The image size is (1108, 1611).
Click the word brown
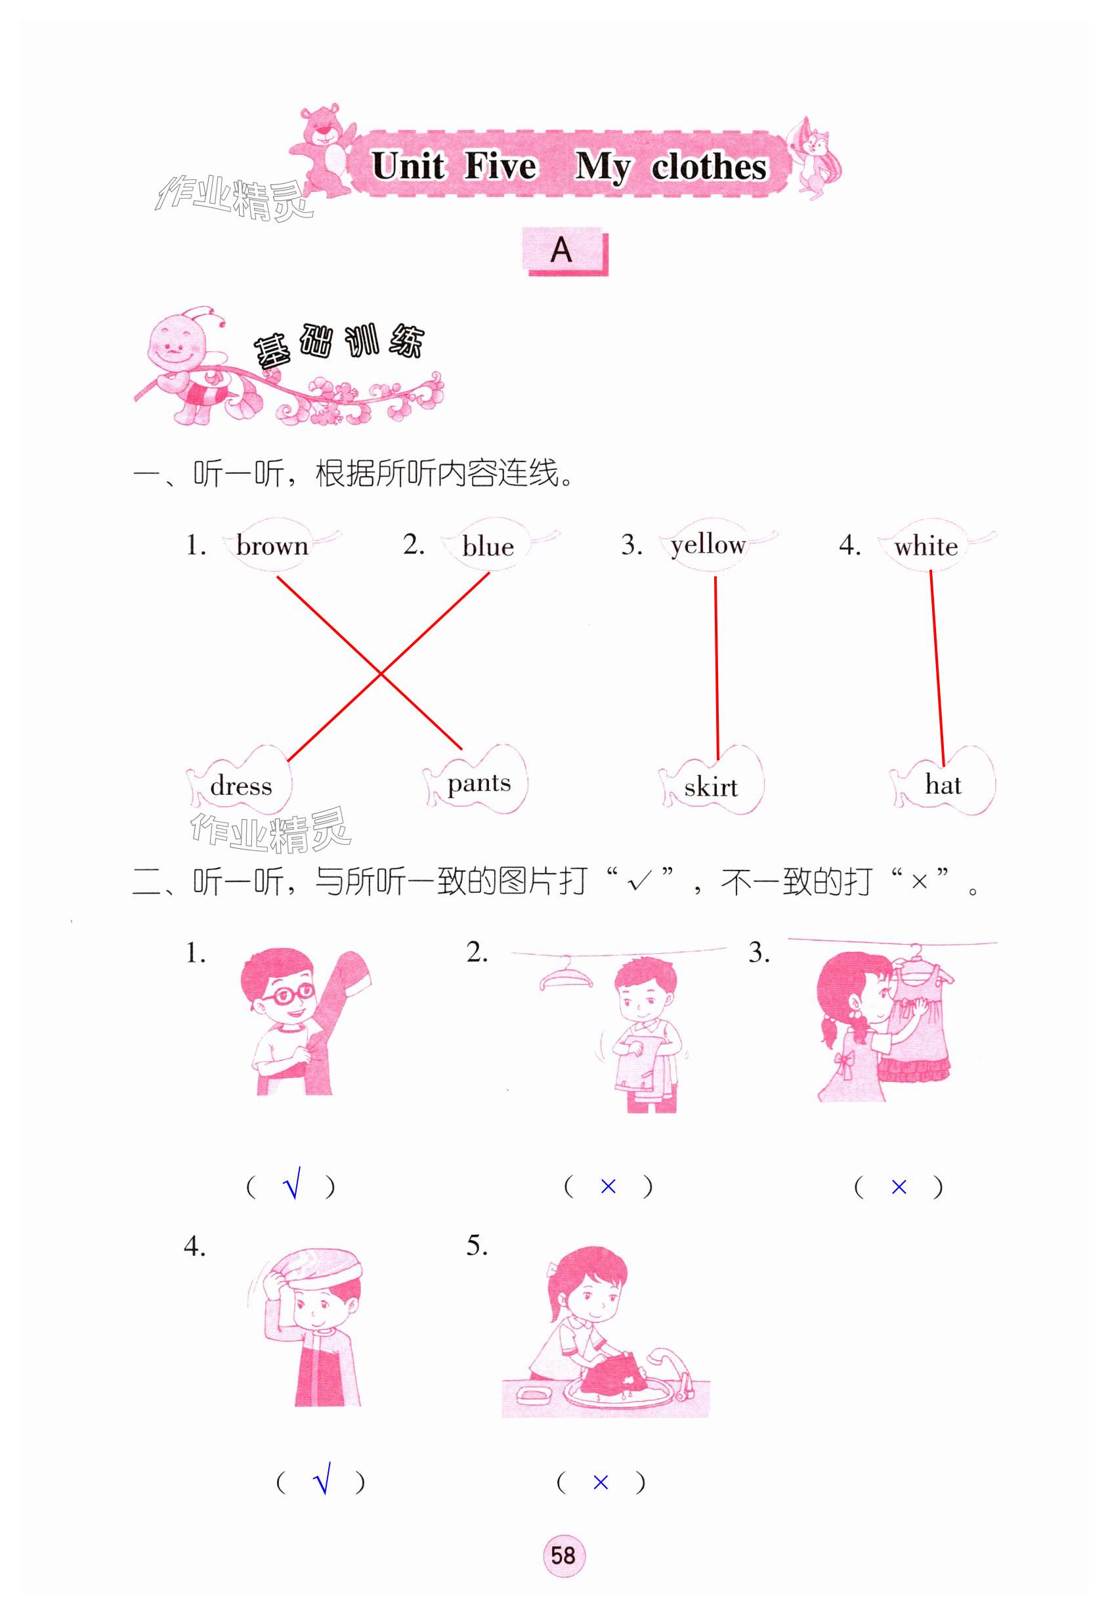[272, 546]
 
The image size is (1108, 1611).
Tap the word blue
[488, 546]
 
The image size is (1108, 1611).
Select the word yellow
[708, 546]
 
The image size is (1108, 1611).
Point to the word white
[926, 546]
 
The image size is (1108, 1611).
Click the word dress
[241, 786]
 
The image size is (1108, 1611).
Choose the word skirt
[711, 786]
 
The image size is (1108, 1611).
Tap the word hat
[943, 784]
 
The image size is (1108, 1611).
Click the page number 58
[563, 1555]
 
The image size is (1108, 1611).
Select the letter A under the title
[561, 250]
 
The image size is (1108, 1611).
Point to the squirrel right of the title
[816, 159]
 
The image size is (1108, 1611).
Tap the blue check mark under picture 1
[292, 1184]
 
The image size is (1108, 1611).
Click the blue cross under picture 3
[899, 1187]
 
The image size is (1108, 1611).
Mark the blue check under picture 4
[322, 1479]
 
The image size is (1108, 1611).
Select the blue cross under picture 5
[601, 1482]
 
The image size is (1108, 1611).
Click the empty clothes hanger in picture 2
[566, 974]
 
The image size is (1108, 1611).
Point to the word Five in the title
[501, 166]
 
